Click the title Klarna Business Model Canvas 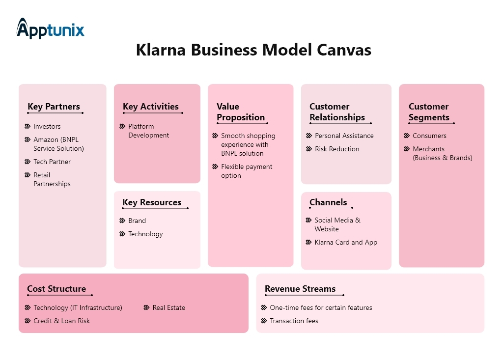tap(253, 50)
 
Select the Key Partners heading tap(54, 107)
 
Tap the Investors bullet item tap(47, 126)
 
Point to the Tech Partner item tap(52, 162)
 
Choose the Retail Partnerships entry tap(52, 179)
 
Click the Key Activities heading tap(150, 107)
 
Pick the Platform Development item tap(148, 131)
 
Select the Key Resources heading tap(151, 202)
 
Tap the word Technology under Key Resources tap(145, 234)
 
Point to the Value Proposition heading tap(240, 112)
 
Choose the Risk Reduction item tap(337, 149)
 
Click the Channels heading tap(328, 202)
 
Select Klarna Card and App tap(346, 242)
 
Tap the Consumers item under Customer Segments tap(429, 136)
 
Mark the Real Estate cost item tap(168, 307)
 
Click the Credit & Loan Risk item tap(61, 321)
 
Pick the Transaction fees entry tap(294, 321)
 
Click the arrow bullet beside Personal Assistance tap(309, 136)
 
